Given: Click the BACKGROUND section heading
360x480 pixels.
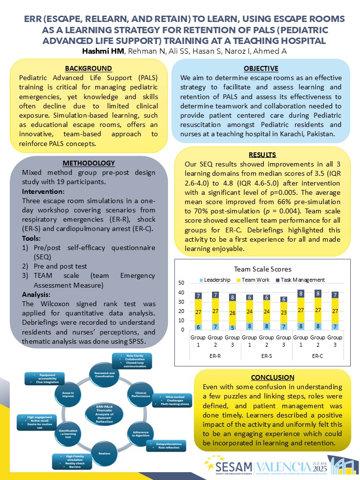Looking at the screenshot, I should (89, 68).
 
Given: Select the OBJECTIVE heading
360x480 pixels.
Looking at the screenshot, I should (261, 68).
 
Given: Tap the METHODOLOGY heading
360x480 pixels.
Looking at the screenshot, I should (89, 163).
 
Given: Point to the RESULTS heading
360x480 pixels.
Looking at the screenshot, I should (262, 155).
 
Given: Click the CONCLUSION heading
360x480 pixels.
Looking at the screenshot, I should (273, 377).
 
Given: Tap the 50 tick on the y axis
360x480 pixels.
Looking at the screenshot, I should (181, 283).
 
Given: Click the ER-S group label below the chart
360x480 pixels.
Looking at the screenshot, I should (266, 356).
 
